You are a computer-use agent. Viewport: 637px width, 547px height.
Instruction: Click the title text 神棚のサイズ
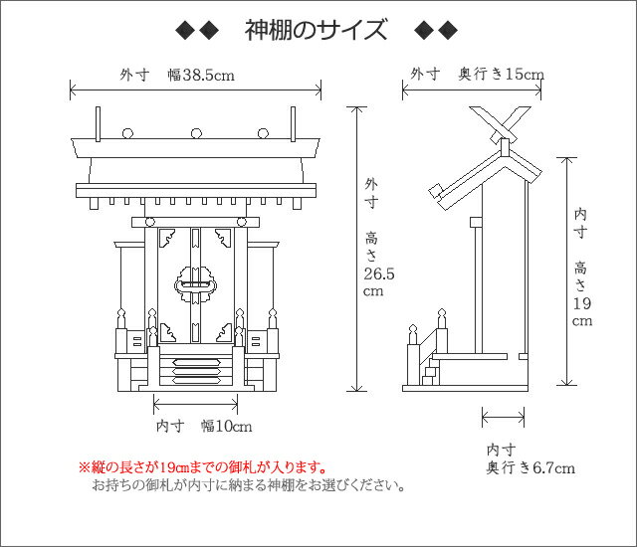(x=316, y=30)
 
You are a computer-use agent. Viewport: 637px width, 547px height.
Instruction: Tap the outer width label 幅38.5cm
(x=201, y=75)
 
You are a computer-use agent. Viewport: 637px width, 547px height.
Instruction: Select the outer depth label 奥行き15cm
(x=501, y=74)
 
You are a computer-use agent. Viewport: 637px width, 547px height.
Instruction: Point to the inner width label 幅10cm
(x=226, y=426)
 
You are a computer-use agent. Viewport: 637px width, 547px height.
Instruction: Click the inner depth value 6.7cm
(x=554, y=467)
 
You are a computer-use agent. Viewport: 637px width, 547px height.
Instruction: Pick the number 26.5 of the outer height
(x=378, y=273)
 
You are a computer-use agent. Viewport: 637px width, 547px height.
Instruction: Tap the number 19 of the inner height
(x=582, y=303)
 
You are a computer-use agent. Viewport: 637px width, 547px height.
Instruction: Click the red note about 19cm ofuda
(x=203, y=467)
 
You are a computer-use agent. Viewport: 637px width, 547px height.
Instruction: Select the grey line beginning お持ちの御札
(x=248, y=485)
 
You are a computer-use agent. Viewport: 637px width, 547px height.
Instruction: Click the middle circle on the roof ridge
(x=197, y=133)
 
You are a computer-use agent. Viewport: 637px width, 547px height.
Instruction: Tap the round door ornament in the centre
(x=195, y=284)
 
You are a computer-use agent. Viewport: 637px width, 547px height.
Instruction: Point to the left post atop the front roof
(x=98, y=124)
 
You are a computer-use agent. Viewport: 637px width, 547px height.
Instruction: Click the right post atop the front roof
(x=293, y=124)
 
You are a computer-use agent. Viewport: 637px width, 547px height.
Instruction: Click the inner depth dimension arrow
(x=503, y=417)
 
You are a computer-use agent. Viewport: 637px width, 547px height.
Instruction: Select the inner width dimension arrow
(x=195, y=404)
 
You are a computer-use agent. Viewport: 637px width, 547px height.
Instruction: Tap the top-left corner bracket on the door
(x=167, y=238)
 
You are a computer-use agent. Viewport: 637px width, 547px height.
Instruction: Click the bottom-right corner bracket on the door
(x=224, y=333)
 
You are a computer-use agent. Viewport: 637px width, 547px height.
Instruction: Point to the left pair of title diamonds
(x=197, y=31)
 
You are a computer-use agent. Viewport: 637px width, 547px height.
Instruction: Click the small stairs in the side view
(x=431, y=376)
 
